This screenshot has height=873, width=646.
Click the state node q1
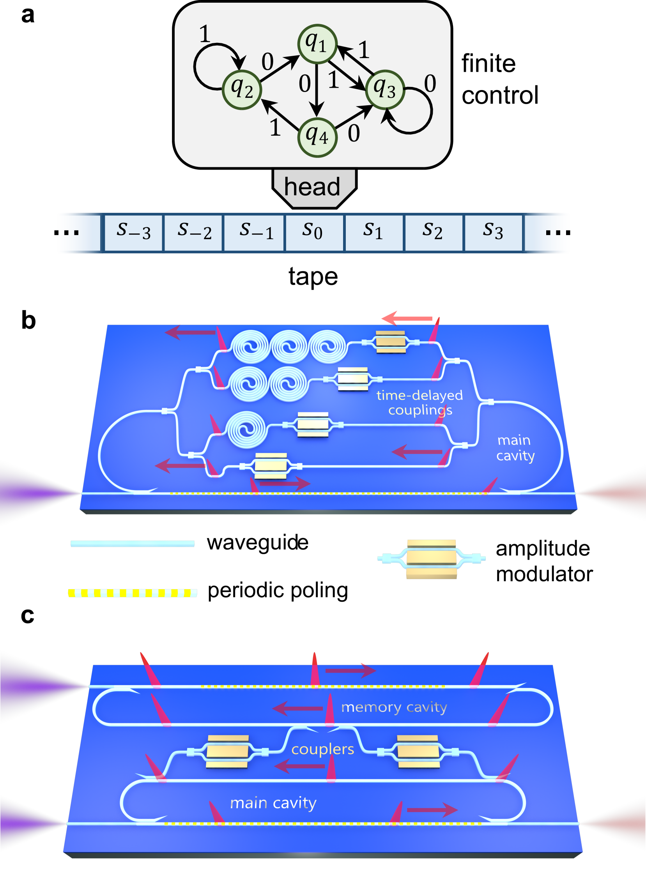pyautogui.click(x=317, y=44)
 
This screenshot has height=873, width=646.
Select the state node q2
pyautogui.click(x=242, y=90)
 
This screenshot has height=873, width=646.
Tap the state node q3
pyautogui.click(x=385, y=90)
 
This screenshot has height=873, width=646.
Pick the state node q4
pyautogui.click(x=317, y=137)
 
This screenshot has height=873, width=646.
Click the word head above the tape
pyautogui.click(x=312, y=187)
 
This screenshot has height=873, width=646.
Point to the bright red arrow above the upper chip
pyautogui.click(x=407, y=318)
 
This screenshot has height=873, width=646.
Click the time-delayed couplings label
pyautogui.click(x=419, y=402)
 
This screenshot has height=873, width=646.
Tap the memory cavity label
pyautogui.click(x=394, y=707)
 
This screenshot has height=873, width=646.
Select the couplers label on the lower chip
pyautogui.click(x=322, y=749)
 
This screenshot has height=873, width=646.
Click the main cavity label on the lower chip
pyautogui.click(x=273, y=803)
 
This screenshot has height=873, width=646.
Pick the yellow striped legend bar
pyautogui.click(x=133, y=593)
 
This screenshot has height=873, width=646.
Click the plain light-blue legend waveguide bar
pyautogui.click(x=133, y=543)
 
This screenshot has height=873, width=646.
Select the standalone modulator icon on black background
pyautogui.click(x=431, y=558)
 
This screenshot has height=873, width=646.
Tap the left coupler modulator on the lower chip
pyautogui.click(x=227, y=751)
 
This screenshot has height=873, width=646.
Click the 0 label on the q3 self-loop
pyautogui.click(x=430, y=83)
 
